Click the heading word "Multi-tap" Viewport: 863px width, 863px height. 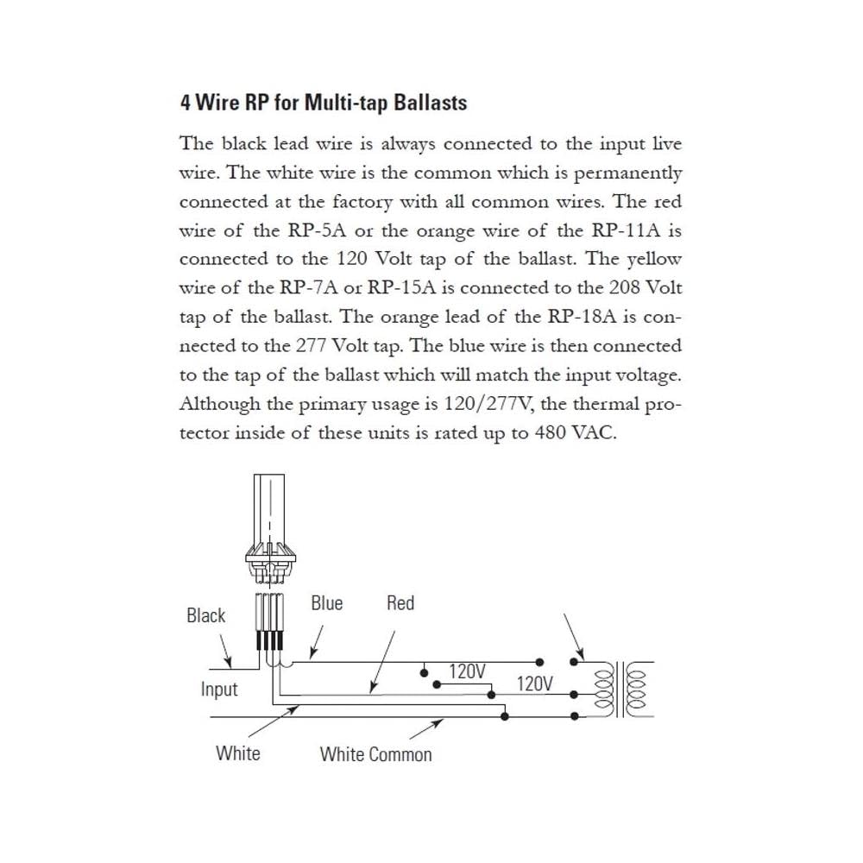tap(342, 103)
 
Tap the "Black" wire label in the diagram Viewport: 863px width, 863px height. tap(205, 615)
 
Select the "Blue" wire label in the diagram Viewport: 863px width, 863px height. tap(326, 603)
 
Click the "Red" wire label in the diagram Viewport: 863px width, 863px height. tap(400, 603)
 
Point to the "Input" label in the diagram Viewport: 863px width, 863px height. tap(219, 690)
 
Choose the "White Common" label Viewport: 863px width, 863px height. tap(375, 754)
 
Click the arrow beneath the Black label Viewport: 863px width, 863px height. tap(224, 649)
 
